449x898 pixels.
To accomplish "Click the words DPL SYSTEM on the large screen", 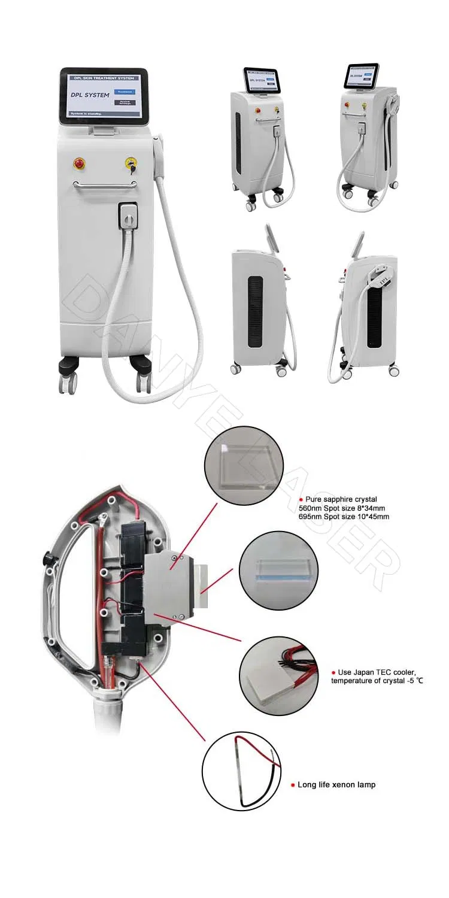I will (87, 95).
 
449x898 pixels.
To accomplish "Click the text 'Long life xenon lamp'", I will (336, 785).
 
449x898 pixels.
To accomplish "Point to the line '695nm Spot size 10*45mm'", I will (344, 516).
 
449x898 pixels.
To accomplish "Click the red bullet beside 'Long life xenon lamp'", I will (292, 785).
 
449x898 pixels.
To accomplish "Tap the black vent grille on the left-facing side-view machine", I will (256, 311).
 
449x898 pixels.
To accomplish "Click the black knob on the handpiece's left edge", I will (45, 558).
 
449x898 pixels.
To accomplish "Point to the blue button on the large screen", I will (125, 92).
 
